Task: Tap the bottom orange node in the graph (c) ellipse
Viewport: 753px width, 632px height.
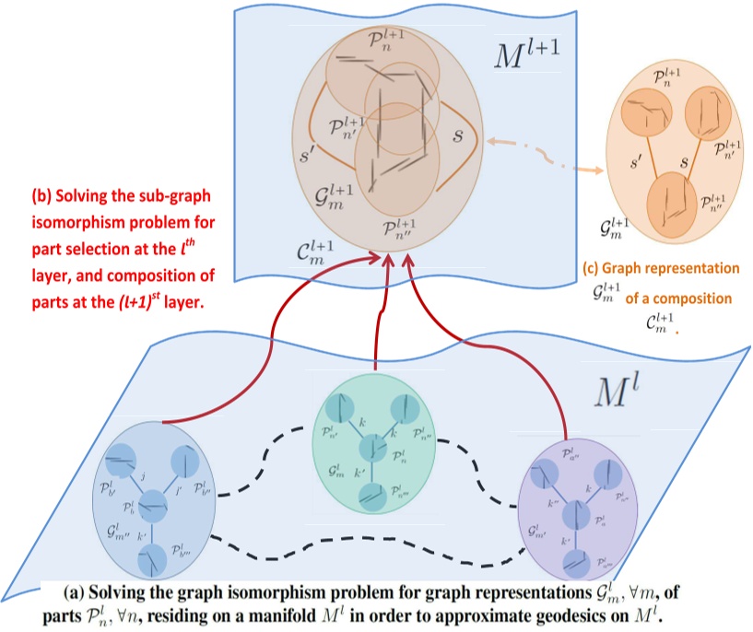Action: (675, 202)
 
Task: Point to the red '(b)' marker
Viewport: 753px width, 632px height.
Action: (42, 197)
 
